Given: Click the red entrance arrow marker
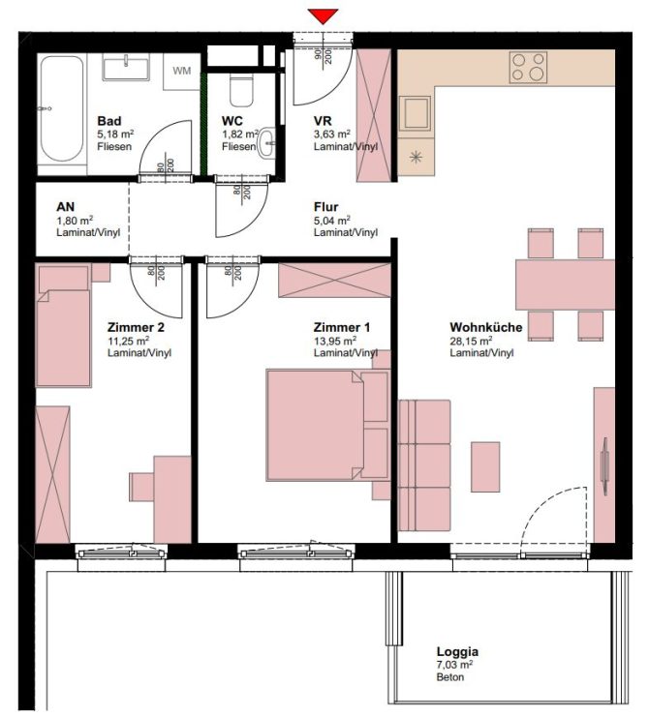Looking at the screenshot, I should click(324, 15).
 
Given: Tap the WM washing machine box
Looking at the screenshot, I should click(182, 71).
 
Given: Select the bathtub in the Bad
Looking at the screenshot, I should click(63, 108).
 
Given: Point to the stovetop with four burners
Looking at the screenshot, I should click(529, 67).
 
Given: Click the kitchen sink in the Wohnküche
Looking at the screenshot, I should click(417, 113).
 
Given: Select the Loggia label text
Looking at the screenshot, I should click(457, 652).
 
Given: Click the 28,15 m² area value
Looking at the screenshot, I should click(471, 341).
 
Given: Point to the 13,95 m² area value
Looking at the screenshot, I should click(334, 341).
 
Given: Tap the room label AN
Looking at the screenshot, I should click(66, 207).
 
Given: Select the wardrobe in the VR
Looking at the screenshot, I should click(373, 116).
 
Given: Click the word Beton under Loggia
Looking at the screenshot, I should click(450, 677).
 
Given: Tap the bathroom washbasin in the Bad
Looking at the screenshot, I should click(125, 68).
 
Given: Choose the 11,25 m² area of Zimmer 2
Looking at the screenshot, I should click(128, 341).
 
